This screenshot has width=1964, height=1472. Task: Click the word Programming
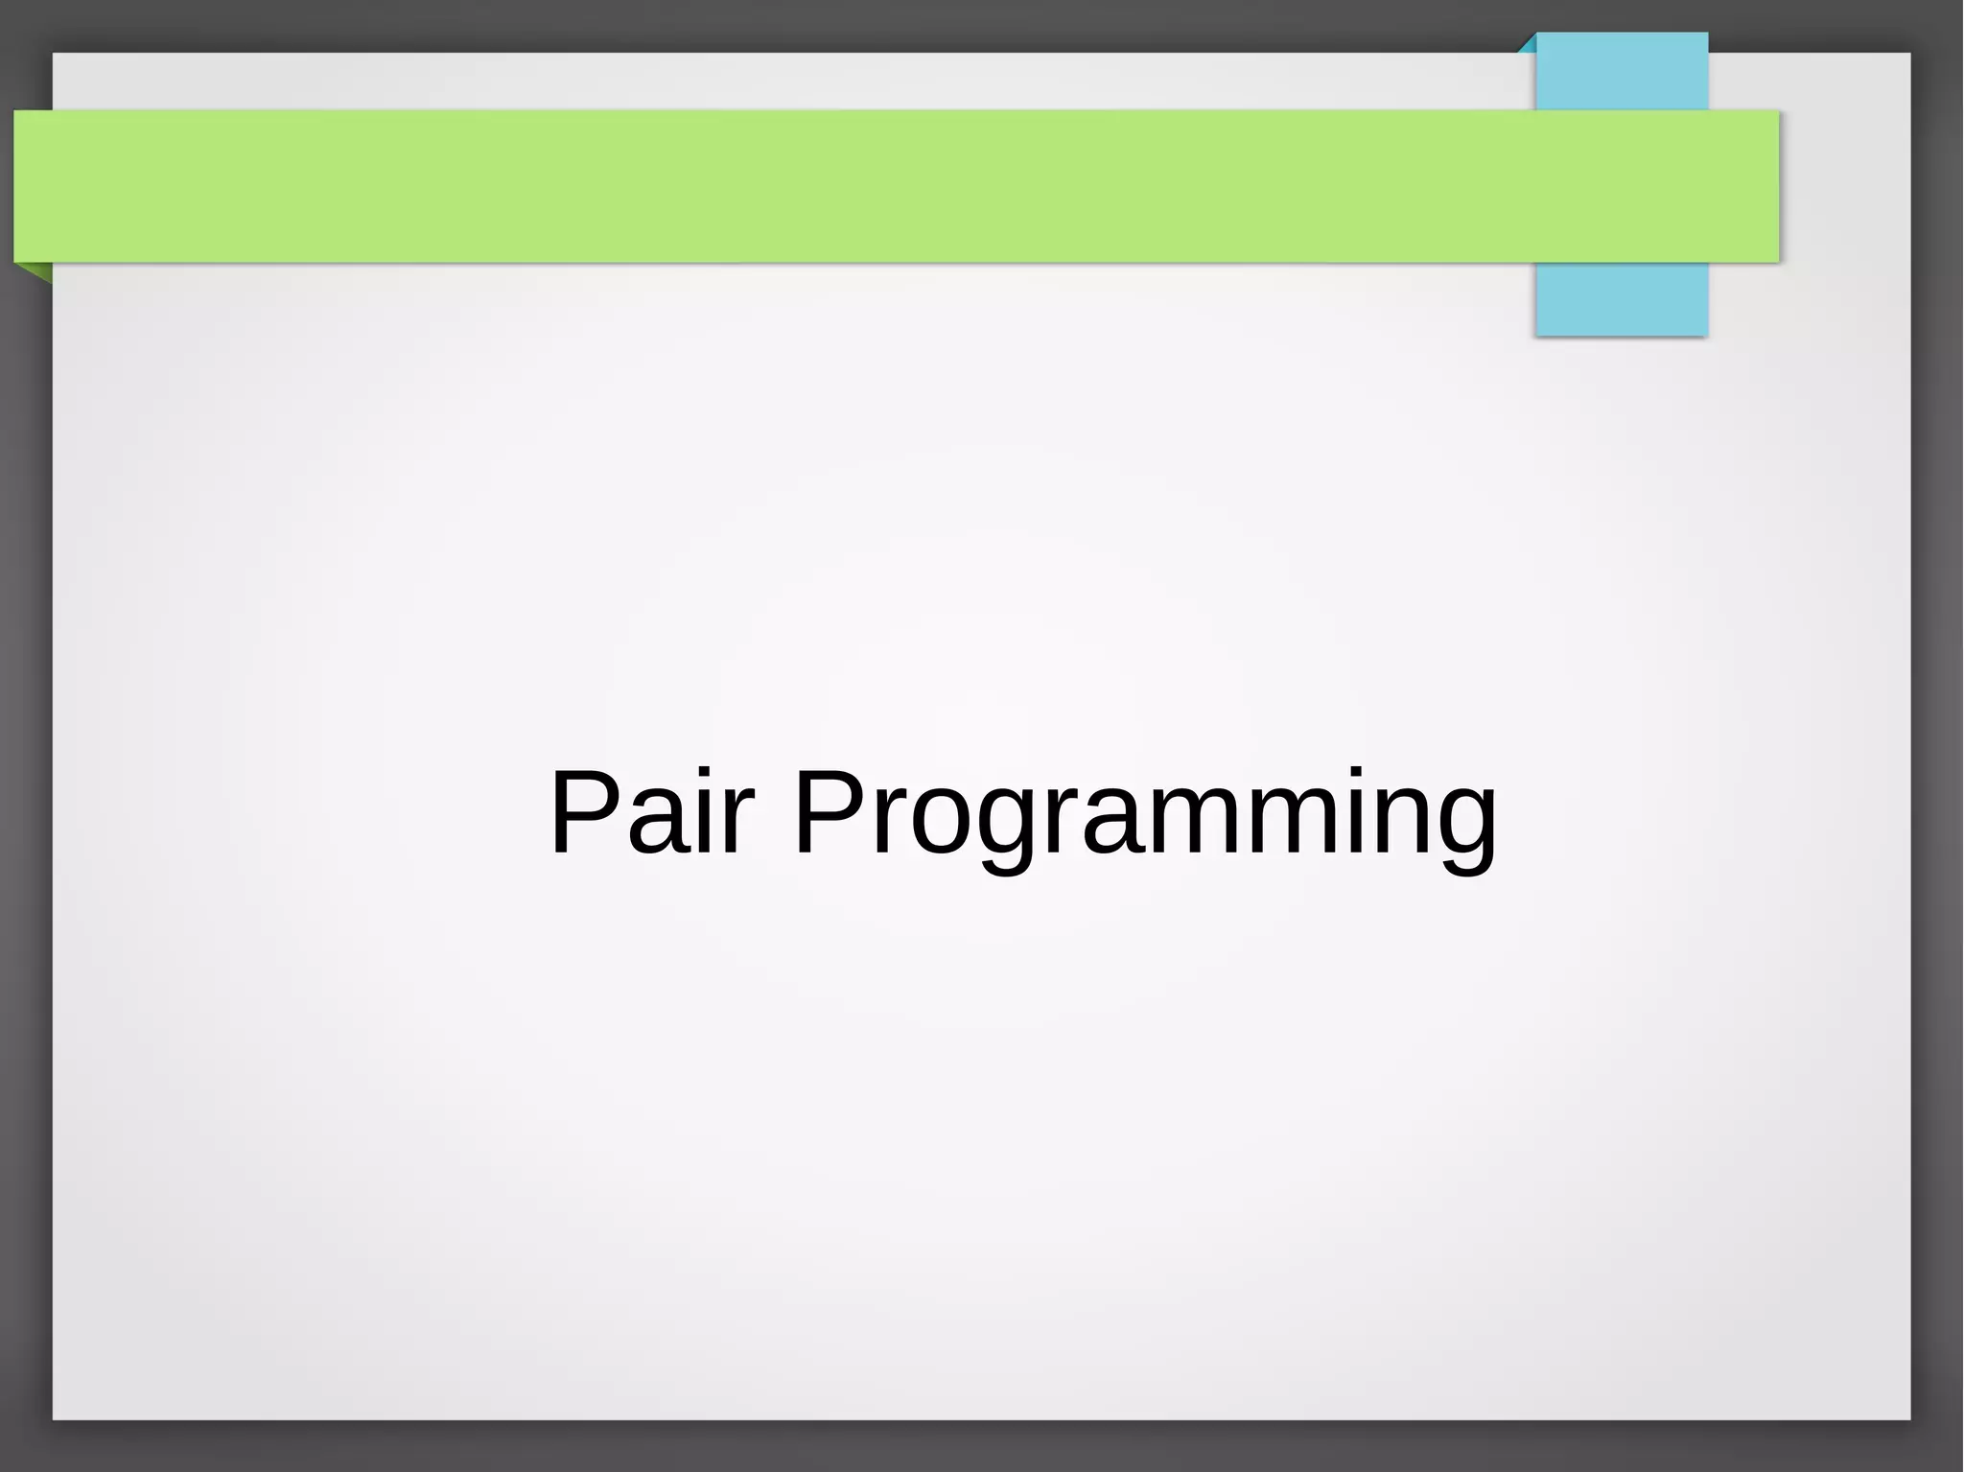(1146, 815)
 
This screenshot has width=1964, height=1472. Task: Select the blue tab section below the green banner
(1621, 298)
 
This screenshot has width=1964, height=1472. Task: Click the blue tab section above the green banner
(1622, 72)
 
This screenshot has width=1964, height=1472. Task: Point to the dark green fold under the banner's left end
(39, 271)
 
